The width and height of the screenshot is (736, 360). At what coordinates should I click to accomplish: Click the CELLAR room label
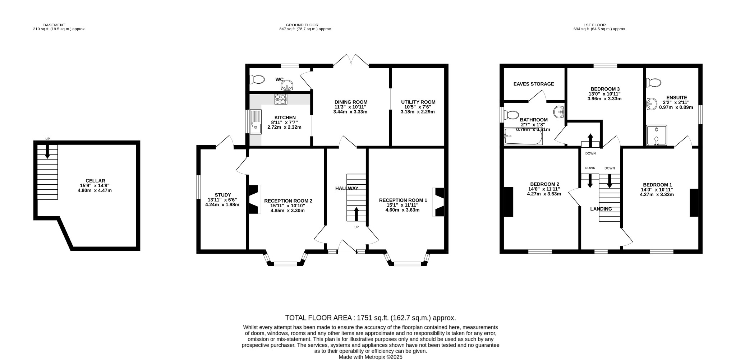95,181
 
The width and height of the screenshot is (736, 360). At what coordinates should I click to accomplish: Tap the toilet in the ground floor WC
257,79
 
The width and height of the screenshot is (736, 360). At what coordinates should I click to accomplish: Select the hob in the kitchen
280,99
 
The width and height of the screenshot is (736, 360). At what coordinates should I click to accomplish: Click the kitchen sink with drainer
256,122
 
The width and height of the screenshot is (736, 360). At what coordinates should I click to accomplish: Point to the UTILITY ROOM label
418,102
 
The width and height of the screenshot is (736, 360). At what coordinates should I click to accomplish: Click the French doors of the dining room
351,60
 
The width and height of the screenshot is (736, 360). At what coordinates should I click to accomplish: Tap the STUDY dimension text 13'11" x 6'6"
222,200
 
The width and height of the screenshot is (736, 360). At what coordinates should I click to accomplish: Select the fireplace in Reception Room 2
254,199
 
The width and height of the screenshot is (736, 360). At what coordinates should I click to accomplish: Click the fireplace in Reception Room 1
439,202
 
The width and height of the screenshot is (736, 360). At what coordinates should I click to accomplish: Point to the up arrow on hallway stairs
356,214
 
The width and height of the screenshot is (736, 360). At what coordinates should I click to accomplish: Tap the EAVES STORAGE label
534,84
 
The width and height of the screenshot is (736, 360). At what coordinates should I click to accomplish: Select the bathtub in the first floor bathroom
523,137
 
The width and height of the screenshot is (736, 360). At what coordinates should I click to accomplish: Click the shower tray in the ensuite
656,135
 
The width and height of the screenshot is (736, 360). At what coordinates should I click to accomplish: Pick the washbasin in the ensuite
651,104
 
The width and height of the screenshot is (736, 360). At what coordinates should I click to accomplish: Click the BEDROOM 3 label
605,89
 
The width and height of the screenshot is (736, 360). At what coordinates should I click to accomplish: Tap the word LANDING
601,209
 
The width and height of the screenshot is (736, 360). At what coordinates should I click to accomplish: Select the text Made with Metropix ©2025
371,357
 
